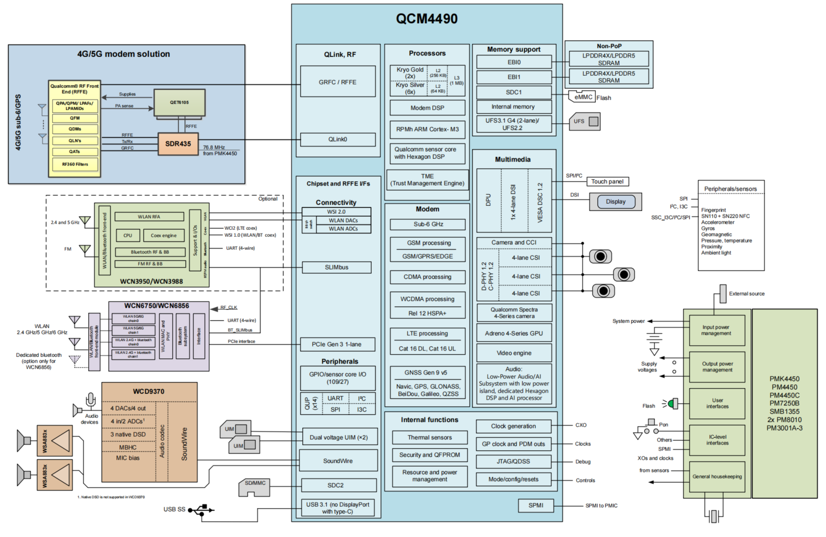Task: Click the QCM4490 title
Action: click(427, 19)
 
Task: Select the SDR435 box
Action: click(178, 144)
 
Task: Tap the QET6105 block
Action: click(179, 102)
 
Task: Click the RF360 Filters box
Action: click(75, 165)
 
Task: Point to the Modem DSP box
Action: click(427, 108)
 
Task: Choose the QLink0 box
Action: click(337, 139)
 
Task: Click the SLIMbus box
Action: click(336, 267)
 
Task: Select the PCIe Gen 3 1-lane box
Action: click(336, 344)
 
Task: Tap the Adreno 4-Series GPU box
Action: click(514, 334)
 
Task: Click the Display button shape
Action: click(616, 202)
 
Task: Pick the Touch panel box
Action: click(607, 182)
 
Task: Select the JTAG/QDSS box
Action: click(513, 462)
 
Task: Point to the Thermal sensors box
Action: click(430, 438)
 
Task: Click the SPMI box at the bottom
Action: click(536, 506)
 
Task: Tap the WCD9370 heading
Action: click(148, 391)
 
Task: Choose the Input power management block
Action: click(716, 330)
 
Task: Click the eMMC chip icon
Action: click(583, 97)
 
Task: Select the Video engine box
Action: click(514, 353)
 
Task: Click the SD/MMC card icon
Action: click(254, 486)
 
